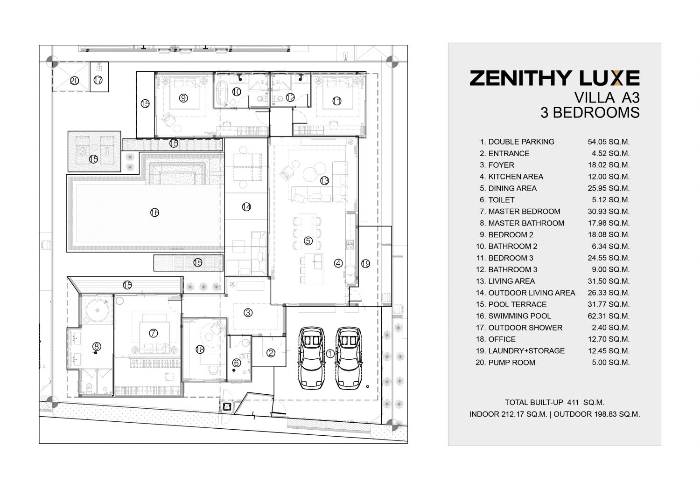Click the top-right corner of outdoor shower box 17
[x=108, y=62]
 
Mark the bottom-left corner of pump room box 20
[x=52, y=92]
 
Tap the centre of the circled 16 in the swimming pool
[x=154, y=213]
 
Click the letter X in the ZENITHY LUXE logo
[x=613, y=78]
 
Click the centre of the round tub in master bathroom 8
[x=98, y=310]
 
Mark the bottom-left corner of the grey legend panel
[x=448, y=446]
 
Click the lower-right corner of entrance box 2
[x=286, y=366]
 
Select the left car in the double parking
[x=312, y=358]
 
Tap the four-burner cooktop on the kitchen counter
[x=350, y=244]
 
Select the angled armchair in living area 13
[x=287, y=173]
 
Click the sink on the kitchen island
[x=317, y=261]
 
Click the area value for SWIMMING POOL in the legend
[x=609, y=316]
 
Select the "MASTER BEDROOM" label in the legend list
[x=524, y=212]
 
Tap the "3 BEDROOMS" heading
[x=590, y=113]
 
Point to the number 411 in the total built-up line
[x=573, y=403]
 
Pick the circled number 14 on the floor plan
[x=246, y=207]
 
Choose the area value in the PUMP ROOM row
[x=610, y=363]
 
